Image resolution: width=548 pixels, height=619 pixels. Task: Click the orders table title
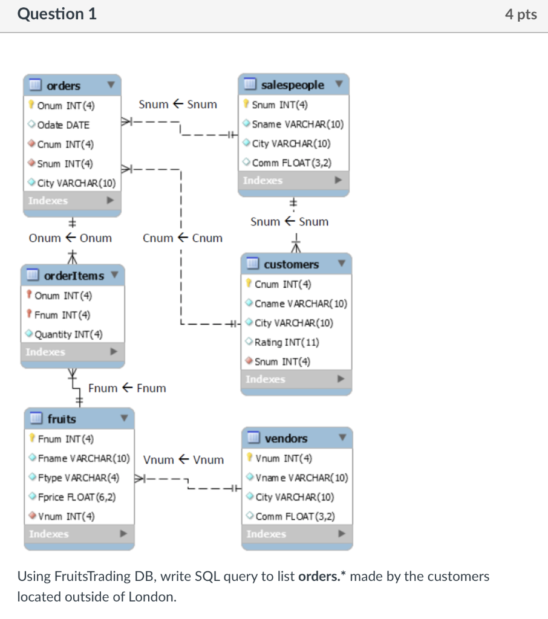pyautogui.click(x=64, y=85)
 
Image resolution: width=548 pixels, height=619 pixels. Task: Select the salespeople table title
pyautogui.click(x=292, y=85)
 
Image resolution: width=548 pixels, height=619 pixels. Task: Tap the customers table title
pyautogui.click(x=291, y=264)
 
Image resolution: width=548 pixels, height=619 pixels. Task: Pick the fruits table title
pyautogui.click(x=62, y=418)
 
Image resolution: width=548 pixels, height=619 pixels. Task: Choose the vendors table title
pyautogui.click(x=285, y=438)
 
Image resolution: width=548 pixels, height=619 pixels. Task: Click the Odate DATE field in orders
pyautogui.click(x=63, y=125)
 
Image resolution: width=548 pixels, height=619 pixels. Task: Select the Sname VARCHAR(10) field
pyautogui.click(x=297, y=124)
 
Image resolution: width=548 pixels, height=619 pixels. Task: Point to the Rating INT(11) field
pyautogui.click(x=287, y=342)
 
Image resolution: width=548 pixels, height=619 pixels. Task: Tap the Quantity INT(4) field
pyautogui.click(x=68, y=334)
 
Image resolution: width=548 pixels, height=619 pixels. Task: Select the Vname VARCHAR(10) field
pyautogui.click(x=301, y=478)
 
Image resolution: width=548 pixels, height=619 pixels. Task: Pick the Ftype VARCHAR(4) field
pyautogui.click(x=78, y=478)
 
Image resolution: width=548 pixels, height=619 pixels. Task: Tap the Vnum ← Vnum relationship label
pyautogui.click(x=183, y=459)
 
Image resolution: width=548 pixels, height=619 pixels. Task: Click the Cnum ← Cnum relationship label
pyautogui.click(x=182, y=238)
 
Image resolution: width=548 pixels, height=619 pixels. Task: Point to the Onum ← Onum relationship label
pyautogui.click(x=70, y=238)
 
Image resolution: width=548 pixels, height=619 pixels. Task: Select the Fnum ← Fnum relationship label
pyautogui.click(x=127, y=388)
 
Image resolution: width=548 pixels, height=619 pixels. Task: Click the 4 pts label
pyautogui.click(x=521, y=15)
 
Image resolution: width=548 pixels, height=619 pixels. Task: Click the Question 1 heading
pyautogui.click(x=57, y=14)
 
